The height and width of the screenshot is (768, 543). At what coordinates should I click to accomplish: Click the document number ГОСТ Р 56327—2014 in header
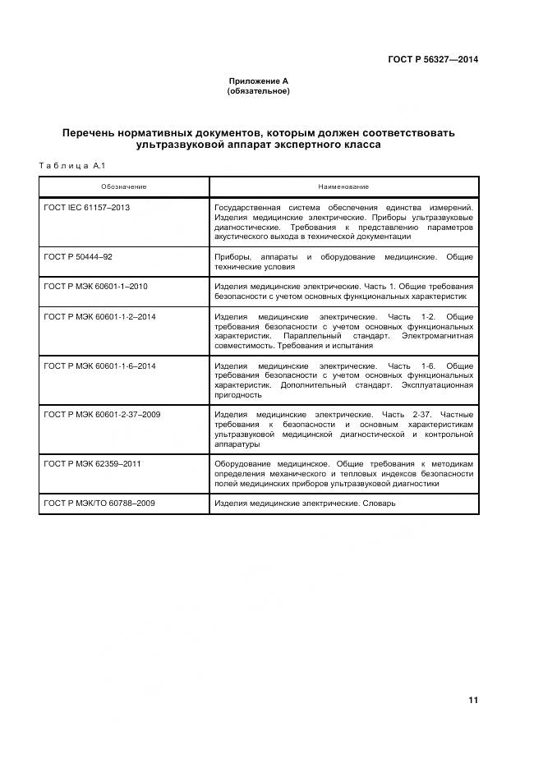(432, 60)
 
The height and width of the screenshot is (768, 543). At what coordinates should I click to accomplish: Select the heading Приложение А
(258, 81)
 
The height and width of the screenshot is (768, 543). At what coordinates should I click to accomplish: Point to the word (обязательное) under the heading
(258, 91)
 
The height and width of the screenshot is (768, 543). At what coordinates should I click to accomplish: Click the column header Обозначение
(124, 186)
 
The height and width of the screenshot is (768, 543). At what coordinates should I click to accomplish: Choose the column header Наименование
(344, 186)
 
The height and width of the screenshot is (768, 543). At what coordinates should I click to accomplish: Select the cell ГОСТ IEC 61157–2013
(86, 208)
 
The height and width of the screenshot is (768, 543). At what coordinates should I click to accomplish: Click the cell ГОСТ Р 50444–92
(78, 257)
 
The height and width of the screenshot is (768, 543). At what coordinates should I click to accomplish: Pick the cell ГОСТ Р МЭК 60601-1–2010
(94, 287)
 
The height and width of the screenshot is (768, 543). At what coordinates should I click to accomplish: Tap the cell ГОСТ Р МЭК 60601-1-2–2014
(99, 316)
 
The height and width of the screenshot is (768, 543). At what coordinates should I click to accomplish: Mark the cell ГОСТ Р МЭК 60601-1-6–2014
(99, 366)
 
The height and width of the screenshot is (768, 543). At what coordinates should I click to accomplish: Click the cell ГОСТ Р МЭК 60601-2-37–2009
(102, 415)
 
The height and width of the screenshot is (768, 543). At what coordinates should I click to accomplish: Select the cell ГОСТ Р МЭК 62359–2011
(92, 464)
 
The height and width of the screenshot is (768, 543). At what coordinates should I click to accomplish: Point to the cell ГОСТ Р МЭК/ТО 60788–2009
(99, 503)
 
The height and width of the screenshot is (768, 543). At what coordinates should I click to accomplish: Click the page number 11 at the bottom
(472, 700)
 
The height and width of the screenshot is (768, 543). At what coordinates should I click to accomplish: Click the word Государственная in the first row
(250, 208)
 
